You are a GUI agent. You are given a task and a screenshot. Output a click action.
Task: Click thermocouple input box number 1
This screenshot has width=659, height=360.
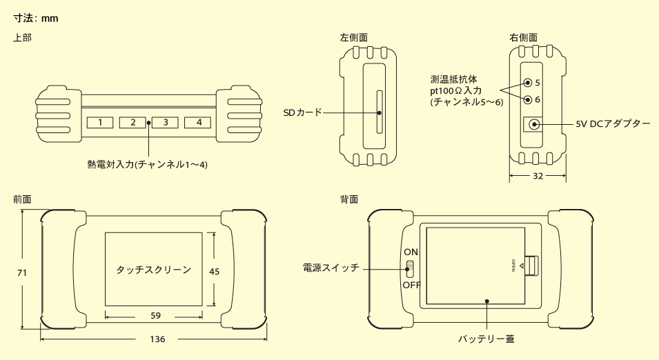(100, 123)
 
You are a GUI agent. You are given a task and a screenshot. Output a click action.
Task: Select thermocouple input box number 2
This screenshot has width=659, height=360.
(132, 123)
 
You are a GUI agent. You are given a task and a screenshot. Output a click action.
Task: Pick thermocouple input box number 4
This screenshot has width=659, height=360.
(198, 123)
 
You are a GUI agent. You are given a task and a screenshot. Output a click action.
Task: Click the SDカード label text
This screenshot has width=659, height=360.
(302, 112)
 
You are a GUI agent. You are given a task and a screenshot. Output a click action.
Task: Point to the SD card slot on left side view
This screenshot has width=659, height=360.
(378, 112)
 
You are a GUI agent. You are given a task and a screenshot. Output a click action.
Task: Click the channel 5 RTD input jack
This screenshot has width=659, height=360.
(528, 83)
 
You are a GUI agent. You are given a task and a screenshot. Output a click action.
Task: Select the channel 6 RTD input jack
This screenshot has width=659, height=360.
(528, 99)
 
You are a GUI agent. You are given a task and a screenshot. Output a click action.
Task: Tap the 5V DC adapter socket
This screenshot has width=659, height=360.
(531, 124)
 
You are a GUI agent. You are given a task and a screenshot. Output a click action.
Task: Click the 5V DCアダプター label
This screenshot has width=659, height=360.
(613, 124)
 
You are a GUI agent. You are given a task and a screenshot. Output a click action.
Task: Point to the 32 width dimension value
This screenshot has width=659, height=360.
(538, 177)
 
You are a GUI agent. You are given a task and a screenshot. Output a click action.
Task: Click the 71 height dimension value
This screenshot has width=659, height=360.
(21, 273)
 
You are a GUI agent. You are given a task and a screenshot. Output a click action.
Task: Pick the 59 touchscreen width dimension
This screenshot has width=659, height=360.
(155, 316)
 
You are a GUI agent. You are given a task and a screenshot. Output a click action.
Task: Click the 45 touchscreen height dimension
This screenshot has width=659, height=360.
(214, 272)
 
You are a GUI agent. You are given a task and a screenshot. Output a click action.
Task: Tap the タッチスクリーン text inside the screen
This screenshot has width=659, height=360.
(153, 270)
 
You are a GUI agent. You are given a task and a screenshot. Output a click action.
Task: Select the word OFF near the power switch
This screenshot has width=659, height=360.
(412, 284)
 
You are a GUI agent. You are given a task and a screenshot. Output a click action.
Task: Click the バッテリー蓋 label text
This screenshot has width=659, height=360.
(486, 339)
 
